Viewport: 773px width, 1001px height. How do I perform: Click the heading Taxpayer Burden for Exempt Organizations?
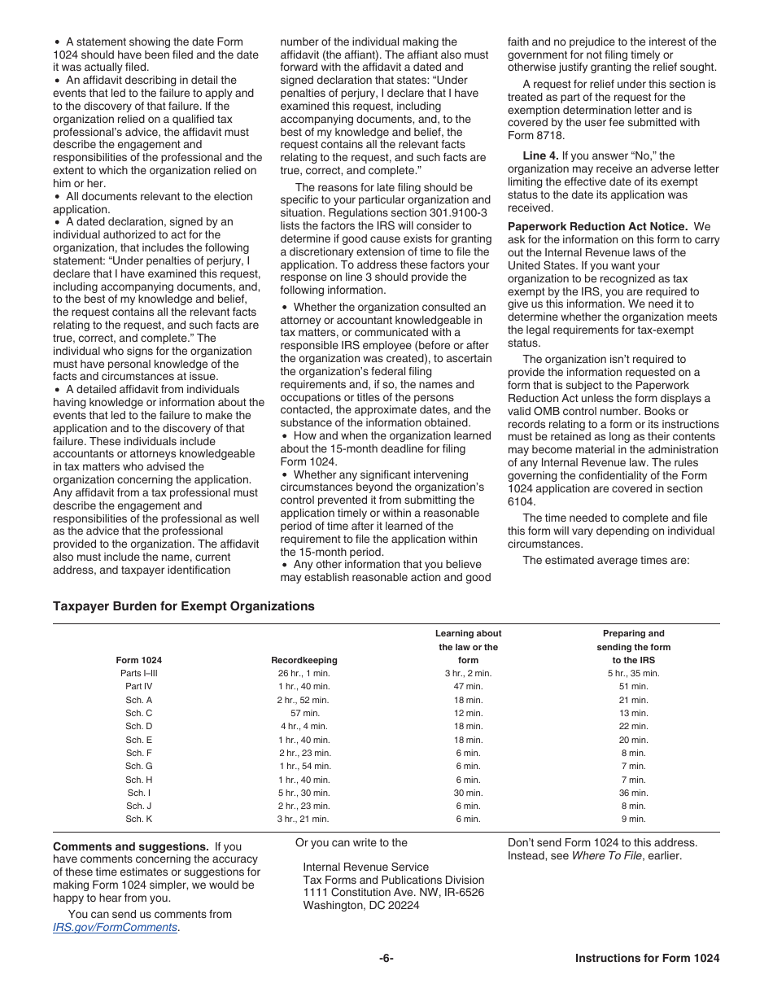(183, 606)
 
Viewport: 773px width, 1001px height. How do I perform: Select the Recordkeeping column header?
(304, 660)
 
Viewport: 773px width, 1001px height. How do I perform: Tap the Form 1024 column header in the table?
(138, 660)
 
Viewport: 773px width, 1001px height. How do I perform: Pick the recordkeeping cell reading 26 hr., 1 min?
(304, 674)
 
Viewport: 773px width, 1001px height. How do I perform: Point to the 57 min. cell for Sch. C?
(304, 713)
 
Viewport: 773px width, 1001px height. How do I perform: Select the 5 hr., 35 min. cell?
(633, 674)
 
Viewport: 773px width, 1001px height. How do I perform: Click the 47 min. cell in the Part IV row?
(468, 687)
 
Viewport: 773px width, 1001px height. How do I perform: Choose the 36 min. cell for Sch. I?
(633, 793)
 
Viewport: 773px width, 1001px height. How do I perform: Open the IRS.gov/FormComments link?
(115, 927)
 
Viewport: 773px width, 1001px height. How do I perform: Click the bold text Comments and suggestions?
(130, 846)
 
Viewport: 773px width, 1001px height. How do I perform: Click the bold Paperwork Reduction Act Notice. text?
(597, 226)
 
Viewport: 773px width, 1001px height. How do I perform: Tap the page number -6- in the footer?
(386, 958)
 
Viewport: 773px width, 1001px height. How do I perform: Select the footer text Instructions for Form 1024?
(647, 958)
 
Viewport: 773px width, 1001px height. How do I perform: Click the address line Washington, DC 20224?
(361, 905)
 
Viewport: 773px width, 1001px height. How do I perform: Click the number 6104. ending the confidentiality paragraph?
(522, 502)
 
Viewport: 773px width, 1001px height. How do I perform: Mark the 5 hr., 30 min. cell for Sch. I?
(304, 793)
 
